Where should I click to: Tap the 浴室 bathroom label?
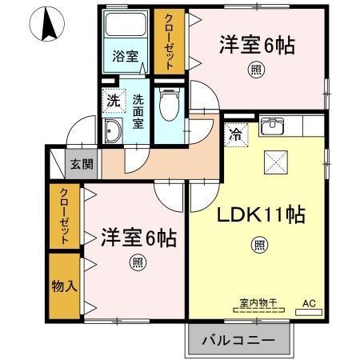pyautogui.click(x=125, y=57)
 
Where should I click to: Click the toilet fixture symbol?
pyautogui.click(x=168, y=103)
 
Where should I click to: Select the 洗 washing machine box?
pyautogui.click(x=113, y=102)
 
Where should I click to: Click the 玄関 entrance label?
pyautogui.click(x=81, y=165)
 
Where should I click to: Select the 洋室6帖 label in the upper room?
pyautogui.click(x=257, y=46)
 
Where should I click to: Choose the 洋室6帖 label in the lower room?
pyautogui.click(x=138, y=237)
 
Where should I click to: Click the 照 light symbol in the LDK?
pyautogui.click(x=260, y=244)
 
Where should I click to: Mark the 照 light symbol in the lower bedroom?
pyautogui.click(x=138, y=262)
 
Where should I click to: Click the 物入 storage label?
pyautogui.click(x=63, y=285)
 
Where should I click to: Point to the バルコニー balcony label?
pyautogui.click(x=238, y=340)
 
